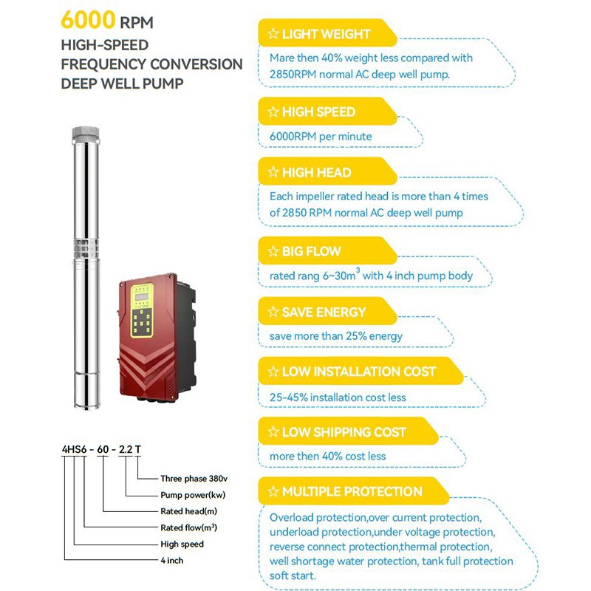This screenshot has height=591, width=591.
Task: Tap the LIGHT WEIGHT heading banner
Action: click(325, 34)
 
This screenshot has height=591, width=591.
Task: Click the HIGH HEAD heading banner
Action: click(316, 173)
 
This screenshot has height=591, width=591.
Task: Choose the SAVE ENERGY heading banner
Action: click(323, 312)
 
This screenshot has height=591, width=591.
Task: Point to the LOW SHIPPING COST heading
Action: click(344, 432)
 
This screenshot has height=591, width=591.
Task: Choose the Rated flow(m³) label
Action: click(188, 527)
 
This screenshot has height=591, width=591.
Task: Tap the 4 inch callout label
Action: click(174, 560)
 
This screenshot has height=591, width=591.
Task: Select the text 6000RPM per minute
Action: click(321, 137)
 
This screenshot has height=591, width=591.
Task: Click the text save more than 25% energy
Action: click(336, 336)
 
